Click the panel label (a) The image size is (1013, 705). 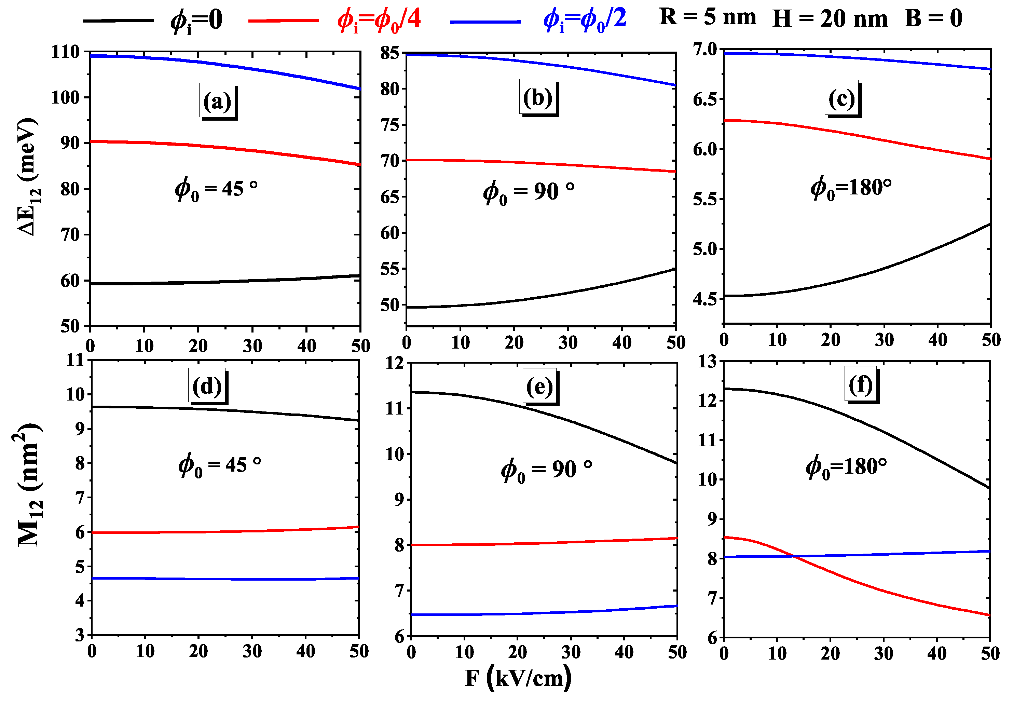[217, 101]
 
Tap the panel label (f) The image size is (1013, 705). [861, 385]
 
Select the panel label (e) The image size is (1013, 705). [539, 387]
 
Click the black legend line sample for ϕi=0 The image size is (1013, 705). [118, 20]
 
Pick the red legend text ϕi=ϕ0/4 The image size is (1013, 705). [379, 20]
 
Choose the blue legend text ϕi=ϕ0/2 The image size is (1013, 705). [585, 20]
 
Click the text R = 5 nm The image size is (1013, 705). [707, 18]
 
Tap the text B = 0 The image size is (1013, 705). [933, 18]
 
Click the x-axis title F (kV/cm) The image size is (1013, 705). [518, 678]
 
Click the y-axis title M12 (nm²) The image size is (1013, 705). [29, 485]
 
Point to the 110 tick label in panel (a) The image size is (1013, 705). [65, 52]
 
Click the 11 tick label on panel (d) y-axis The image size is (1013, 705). [75, 361]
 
